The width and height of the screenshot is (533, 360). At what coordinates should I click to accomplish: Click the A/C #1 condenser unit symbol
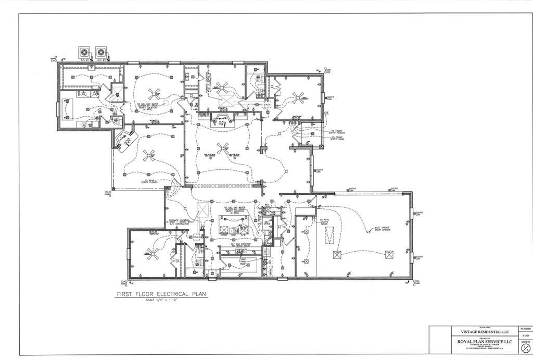click(84, 52)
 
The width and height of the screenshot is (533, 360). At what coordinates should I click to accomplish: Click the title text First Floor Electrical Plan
click(161, 294)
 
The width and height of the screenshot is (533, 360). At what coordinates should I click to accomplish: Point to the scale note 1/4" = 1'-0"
click(161, 301)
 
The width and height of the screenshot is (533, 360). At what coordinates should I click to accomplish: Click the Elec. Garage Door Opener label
click(383, 229)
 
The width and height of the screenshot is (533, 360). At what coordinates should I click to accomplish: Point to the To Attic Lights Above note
click(325, 222)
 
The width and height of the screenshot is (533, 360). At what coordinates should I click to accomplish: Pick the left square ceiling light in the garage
click(337, 255)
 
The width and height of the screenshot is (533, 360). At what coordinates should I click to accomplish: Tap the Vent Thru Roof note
click(243, 260)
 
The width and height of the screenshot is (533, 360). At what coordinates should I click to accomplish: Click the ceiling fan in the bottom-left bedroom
click(153, 253)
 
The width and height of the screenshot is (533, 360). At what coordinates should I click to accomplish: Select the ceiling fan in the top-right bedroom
click(298, 97)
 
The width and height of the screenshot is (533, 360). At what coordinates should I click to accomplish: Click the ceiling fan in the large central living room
click(223, 147)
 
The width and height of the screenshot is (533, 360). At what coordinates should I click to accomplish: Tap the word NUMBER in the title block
click(525, 329)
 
